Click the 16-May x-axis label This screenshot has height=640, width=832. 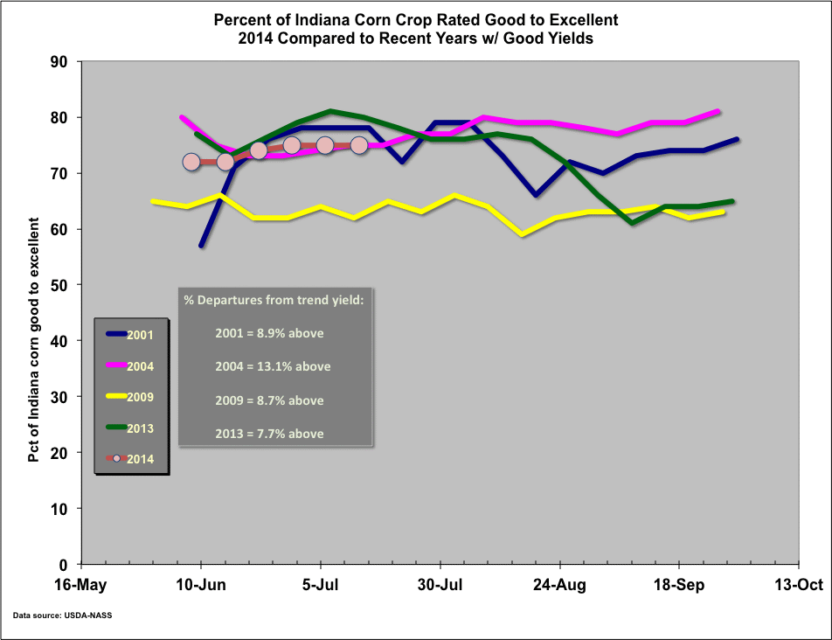(x=81, y=585)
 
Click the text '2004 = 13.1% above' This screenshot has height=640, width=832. (x=273, y=366)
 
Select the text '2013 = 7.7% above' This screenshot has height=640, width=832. (x=269, y=434)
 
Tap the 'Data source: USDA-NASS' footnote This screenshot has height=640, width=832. (x=62, y=616)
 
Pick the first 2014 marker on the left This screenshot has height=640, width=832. (x=192, y=162)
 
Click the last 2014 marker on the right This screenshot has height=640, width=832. (x=358, y=145)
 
